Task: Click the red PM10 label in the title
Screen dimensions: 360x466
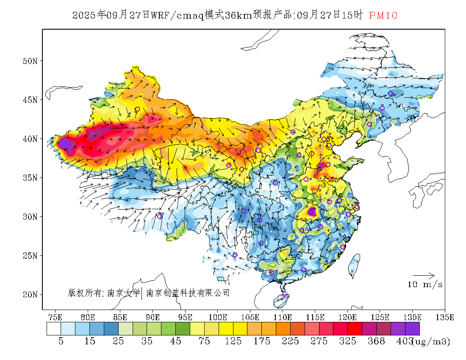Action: tap(383, 16)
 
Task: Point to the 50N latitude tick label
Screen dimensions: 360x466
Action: tap(30, 61)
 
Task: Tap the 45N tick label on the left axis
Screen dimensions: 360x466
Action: tap(30, 100)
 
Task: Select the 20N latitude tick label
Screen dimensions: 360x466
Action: tap(30, 294)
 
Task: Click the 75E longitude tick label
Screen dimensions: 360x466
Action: tap(55, 317)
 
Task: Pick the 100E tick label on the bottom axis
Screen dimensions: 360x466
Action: tap(218, 317)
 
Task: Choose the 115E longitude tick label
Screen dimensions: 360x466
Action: tap(315, 317)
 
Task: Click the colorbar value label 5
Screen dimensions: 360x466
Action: tap(61, 341)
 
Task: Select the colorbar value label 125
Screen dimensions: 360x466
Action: tap(233, 341)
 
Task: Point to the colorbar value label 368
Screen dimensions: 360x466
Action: tap(376, 341)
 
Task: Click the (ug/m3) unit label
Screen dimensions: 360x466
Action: tap(431, 341)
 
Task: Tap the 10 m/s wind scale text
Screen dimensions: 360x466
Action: tap(425, 285)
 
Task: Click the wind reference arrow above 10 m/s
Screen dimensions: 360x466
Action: tap(424, 276)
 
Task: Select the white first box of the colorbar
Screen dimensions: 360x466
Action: tap(54, 329)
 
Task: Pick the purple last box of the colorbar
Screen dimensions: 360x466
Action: tap(412, 329)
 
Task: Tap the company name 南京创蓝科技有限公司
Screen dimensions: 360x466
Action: tap(188, 293)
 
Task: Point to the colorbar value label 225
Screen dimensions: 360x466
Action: tap(290, 341)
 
